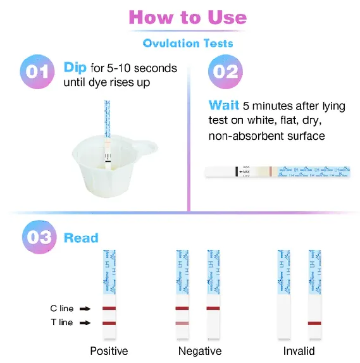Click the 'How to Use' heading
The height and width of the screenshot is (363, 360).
(187, 17)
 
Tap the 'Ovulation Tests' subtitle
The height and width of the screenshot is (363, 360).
(188, 44)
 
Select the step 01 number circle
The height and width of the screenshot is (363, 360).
(37, 71)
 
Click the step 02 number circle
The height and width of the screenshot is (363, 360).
(225, 71)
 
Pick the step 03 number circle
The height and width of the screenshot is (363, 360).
(37, 238)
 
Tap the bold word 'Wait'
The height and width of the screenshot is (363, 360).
(224, 106)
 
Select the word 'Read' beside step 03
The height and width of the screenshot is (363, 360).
(81, 238)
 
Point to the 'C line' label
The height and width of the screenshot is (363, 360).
(62, 309)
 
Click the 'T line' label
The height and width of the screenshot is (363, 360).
(62, 323)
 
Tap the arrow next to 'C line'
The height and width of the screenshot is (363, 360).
(86, 309)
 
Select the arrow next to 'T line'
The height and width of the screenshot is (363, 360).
(86, 323)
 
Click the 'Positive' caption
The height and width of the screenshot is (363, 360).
(109, 351)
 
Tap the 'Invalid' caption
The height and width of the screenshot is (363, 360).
(299, 351)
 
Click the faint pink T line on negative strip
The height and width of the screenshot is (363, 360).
(182, 323)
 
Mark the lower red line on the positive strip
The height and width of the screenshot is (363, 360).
(109, 323)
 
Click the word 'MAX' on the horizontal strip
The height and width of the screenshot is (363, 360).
(245, 171)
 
